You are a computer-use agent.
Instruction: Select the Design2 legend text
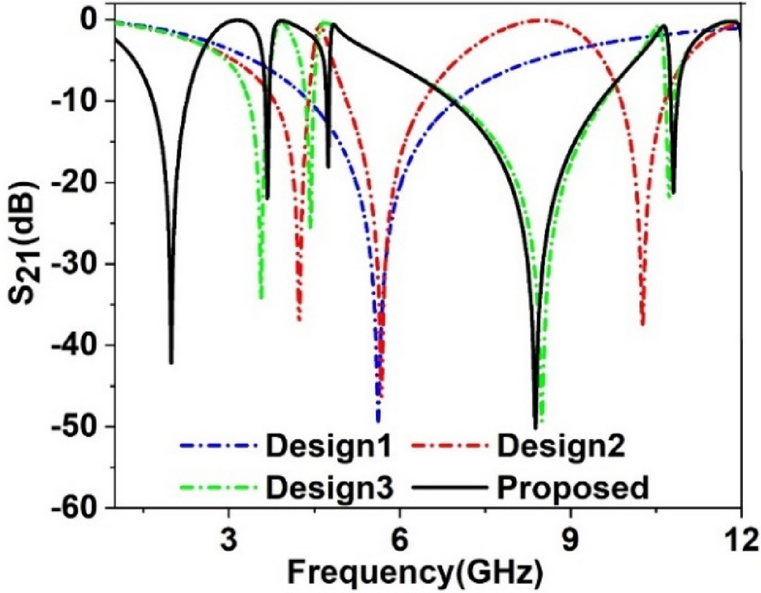pyautogui.click(x=561, y=448)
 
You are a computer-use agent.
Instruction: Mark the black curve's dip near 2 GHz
pyautogui.click(x=171, y=362)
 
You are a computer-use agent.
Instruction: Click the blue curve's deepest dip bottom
pyautogui.click(x=377, y=421)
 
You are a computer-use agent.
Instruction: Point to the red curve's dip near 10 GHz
pyautogui.click(x=642, y=323)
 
